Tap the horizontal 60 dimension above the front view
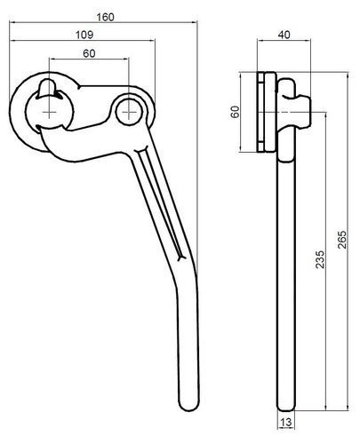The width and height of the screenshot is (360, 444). click(x=91, y=54)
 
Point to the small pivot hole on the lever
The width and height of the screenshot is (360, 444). click(x=130, y=110)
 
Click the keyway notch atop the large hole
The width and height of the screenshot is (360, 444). click(x=49, y=86)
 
